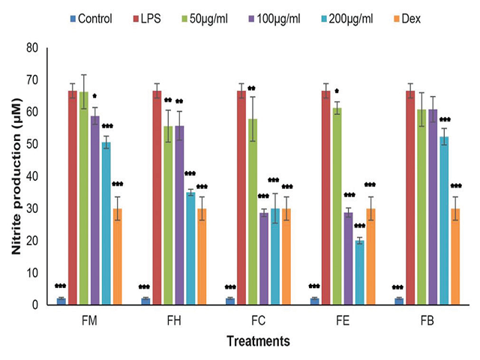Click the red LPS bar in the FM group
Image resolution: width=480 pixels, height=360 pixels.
tap(73, 198)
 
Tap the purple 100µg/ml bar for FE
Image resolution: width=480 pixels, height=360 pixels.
tap(348, 259)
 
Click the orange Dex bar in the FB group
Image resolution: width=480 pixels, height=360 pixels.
tap(454, 256)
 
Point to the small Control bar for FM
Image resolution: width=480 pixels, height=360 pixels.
tap(61, 301)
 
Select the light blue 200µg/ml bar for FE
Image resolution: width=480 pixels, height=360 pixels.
tap(361, 272)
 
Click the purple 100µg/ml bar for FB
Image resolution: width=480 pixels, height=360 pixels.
tap(433, 207)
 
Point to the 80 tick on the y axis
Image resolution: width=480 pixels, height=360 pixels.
tap(33, 48)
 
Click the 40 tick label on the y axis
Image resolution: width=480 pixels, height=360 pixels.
tap(33, 176)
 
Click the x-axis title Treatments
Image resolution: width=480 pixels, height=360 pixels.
tap(259, 342)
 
